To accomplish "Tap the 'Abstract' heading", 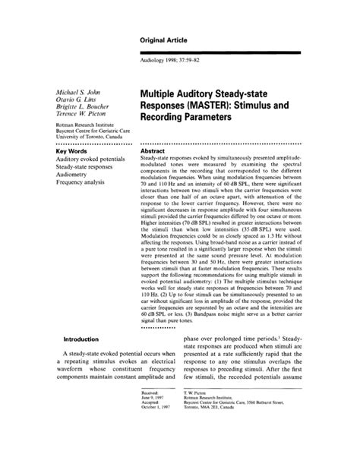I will (x=155, y=151).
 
